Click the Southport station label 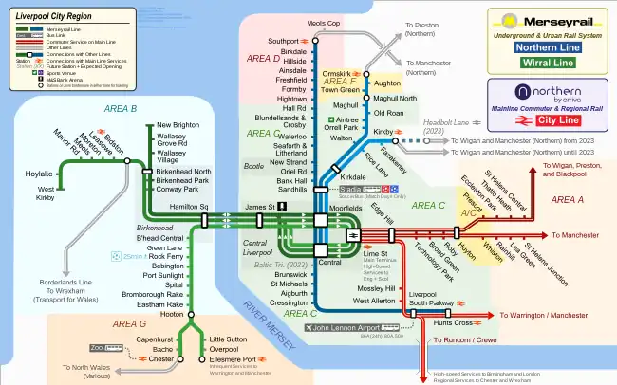pyautogui.click(x=282, y=42)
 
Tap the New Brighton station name pyautogui.click(x=178, y=125)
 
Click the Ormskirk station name pyautogui.click(x=337, y=73)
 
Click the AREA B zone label pyautogui.click(x=120, y=109)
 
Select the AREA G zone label pyautogui.click(x=129, y=323)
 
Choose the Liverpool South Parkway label pyautogui.click(x=428, y=300)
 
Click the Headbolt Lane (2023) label pyautogui.click(x=447, y=124)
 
